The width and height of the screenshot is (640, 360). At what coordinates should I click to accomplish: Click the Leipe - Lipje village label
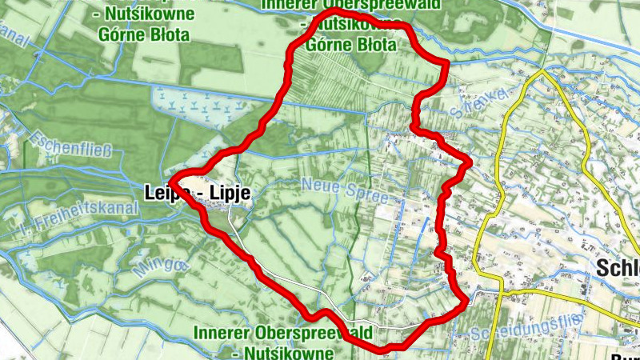[x=198, y=193]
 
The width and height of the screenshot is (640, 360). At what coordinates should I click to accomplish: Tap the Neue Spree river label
[x=344, y=190]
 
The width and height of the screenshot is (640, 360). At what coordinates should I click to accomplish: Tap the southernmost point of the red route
[x=384, y=350]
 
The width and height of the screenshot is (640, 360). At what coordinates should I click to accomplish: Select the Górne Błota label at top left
[x=143, y=35]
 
